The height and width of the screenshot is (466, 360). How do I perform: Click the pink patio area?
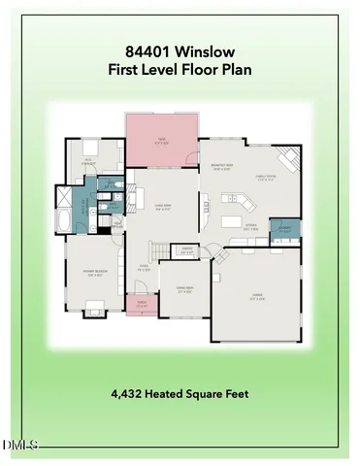point(161,139)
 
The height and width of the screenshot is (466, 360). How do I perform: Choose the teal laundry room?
point(284,229)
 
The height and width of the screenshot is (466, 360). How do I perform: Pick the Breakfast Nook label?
point(221,167)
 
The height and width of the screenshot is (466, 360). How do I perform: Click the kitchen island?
point(233,221)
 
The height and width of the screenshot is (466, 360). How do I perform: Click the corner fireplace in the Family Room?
point(289,157)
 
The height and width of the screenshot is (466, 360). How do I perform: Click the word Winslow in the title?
point(210,50)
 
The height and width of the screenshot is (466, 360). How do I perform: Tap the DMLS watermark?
point(19,446)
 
